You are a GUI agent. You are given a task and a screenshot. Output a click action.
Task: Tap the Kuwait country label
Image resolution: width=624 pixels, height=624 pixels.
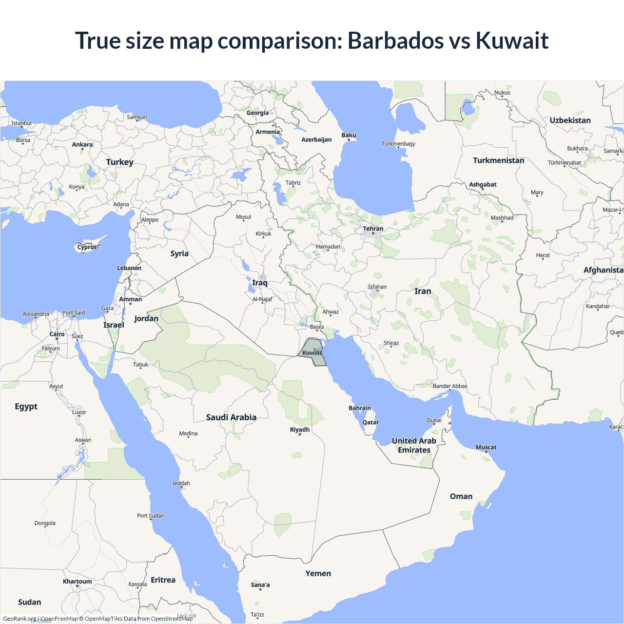(312, 353)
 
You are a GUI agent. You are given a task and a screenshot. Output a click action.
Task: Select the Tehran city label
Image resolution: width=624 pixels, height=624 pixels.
(373, 229)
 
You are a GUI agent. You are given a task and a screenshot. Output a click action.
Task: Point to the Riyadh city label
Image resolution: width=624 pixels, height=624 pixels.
(300, 429)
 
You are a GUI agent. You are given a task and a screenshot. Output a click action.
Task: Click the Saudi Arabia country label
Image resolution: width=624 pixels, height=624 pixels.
(231, 417)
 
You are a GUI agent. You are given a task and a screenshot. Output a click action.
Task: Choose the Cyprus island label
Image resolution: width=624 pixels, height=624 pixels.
(87, 247)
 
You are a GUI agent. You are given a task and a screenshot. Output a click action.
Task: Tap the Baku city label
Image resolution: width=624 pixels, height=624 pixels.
(349, 135)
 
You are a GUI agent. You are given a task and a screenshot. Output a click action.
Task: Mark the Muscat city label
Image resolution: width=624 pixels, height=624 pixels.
(486, 447)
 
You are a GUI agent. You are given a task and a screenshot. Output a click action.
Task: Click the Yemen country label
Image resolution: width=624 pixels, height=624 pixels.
(318, 573)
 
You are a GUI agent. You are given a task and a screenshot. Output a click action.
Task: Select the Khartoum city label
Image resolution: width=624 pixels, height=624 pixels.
(77, 581)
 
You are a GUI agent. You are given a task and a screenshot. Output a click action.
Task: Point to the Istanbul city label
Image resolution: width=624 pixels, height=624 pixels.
(21, 123)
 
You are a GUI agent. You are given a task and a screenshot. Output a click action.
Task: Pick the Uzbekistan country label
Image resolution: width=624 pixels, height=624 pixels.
(570, 120)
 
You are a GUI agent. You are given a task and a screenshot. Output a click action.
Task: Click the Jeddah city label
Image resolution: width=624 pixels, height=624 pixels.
(181, 483)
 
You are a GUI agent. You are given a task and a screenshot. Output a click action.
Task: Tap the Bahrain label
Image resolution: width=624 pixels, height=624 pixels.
(360, 408)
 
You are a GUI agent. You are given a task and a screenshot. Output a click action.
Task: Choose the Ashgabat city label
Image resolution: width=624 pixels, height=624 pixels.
(483, 184)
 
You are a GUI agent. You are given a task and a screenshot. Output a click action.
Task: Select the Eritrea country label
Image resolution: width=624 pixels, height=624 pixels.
(163, 580)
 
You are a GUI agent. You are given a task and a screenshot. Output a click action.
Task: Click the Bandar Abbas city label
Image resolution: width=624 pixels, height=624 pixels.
(450, 386)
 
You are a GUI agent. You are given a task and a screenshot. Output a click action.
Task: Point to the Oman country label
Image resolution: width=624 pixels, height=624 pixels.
(461, 496)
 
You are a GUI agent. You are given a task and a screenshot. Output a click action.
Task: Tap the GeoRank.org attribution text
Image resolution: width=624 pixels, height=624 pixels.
(19, 619)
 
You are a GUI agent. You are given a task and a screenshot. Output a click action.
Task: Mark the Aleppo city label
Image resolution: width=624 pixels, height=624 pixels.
(150, 219)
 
